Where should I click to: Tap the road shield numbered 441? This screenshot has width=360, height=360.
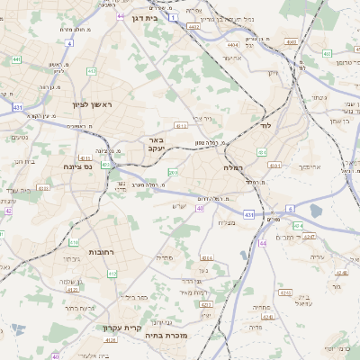click(16, 59)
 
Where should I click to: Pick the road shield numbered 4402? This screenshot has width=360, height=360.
click(193, 28)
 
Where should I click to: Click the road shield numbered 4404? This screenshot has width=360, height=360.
click(233, 44)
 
